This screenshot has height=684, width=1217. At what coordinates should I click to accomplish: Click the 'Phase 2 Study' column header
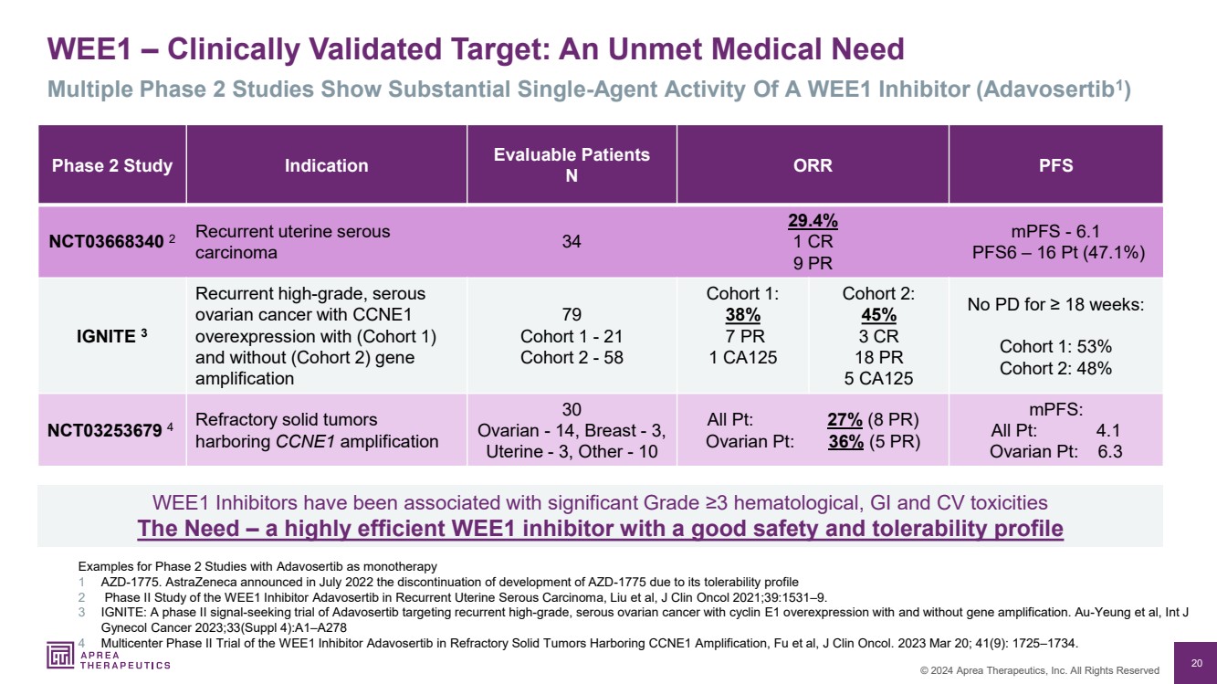(x=112, y=165)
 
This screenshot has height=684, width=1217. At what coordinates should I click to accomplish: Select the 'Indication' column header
(x=326, y=165)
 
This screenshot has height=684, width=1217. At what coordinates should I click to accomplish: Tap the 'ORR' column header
(x=813, y=165)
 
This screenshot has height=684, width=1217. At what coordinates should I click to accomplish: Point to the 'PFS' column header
(x=1055, y=165)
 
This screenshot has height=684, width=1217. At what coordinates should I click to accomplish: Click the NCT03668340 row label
(x=107, y=242)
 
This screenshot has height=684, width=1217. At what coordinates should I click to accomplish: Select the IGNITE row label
(x=105, y=335)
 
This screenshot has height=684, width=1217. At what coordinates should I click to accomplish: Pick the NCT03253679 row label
(x=107, y=430)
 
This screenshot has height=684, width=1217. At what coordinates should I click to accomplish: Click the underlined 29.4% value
(x=813, y=222)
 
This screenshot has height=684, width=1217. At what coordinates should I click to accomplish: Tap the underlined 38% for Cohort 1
(x=742, y=315)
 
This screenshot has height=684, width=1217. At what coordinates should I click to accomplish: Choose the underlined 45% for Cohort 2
(x=877, y=315)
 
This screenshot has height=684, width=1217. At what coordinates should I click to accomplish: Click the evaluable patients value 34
(x=572, y=242)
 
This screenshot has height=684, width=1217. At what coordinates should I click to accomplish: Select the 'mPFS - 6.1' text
(x=1055, y=232)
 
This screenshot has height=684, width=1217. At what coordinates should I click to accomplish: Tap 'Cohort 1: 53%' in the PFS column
(x=1055, y=347)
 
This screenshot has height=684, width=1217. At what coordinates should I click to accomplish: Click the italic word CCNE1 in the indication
(x=304, y=441)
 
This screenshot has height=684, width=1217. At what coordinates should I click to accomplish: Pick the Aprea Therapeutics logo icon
(x=60, y=656)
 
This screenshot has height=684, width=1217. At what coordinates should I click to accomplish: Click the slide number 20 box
(x=1196, y=662)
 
